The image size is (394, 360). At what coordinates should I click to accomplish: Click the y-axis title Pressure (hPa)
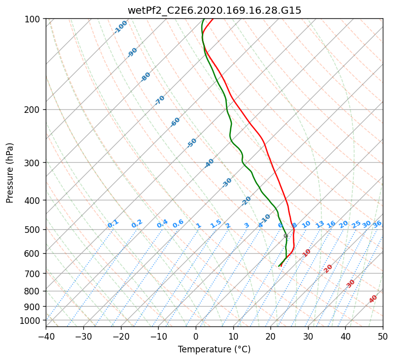[x=10, y=172]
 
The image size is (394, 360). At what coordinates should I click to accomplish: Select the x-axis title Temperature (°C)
[x=214, y=349]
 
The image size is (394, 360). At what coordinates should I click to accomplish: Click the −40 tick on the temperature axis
[x=46, y=336]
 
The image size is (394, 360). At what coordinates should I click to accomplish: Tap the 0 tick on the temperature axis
[x=196, y=336]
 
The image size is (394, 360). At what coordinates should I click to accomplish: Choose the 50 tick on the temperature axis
[x=383, y=336]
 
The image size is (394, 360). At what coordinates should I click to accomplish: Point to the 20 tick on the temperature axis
[x=270, y=336]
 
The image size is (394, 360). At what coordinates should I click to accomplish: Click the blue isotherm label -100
[x=121, y=26]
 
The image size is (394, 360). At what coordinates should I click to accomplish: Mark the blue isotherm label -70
[x=160, y=100]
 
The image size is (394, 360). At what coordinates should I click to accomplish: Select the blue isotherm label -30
[x=227, y=183]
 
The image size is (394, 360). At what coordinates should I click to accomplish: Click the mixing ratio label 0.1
[x=113, y=224]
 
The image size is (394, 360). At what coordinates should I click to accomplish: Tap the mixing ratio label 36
[x=377, y=224]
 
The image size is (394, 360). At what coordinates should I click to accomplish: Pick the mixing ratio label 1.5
[x=216, y=224]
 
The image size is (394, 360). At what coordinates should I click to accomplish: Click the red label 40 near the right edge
[x=373, y=299]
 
